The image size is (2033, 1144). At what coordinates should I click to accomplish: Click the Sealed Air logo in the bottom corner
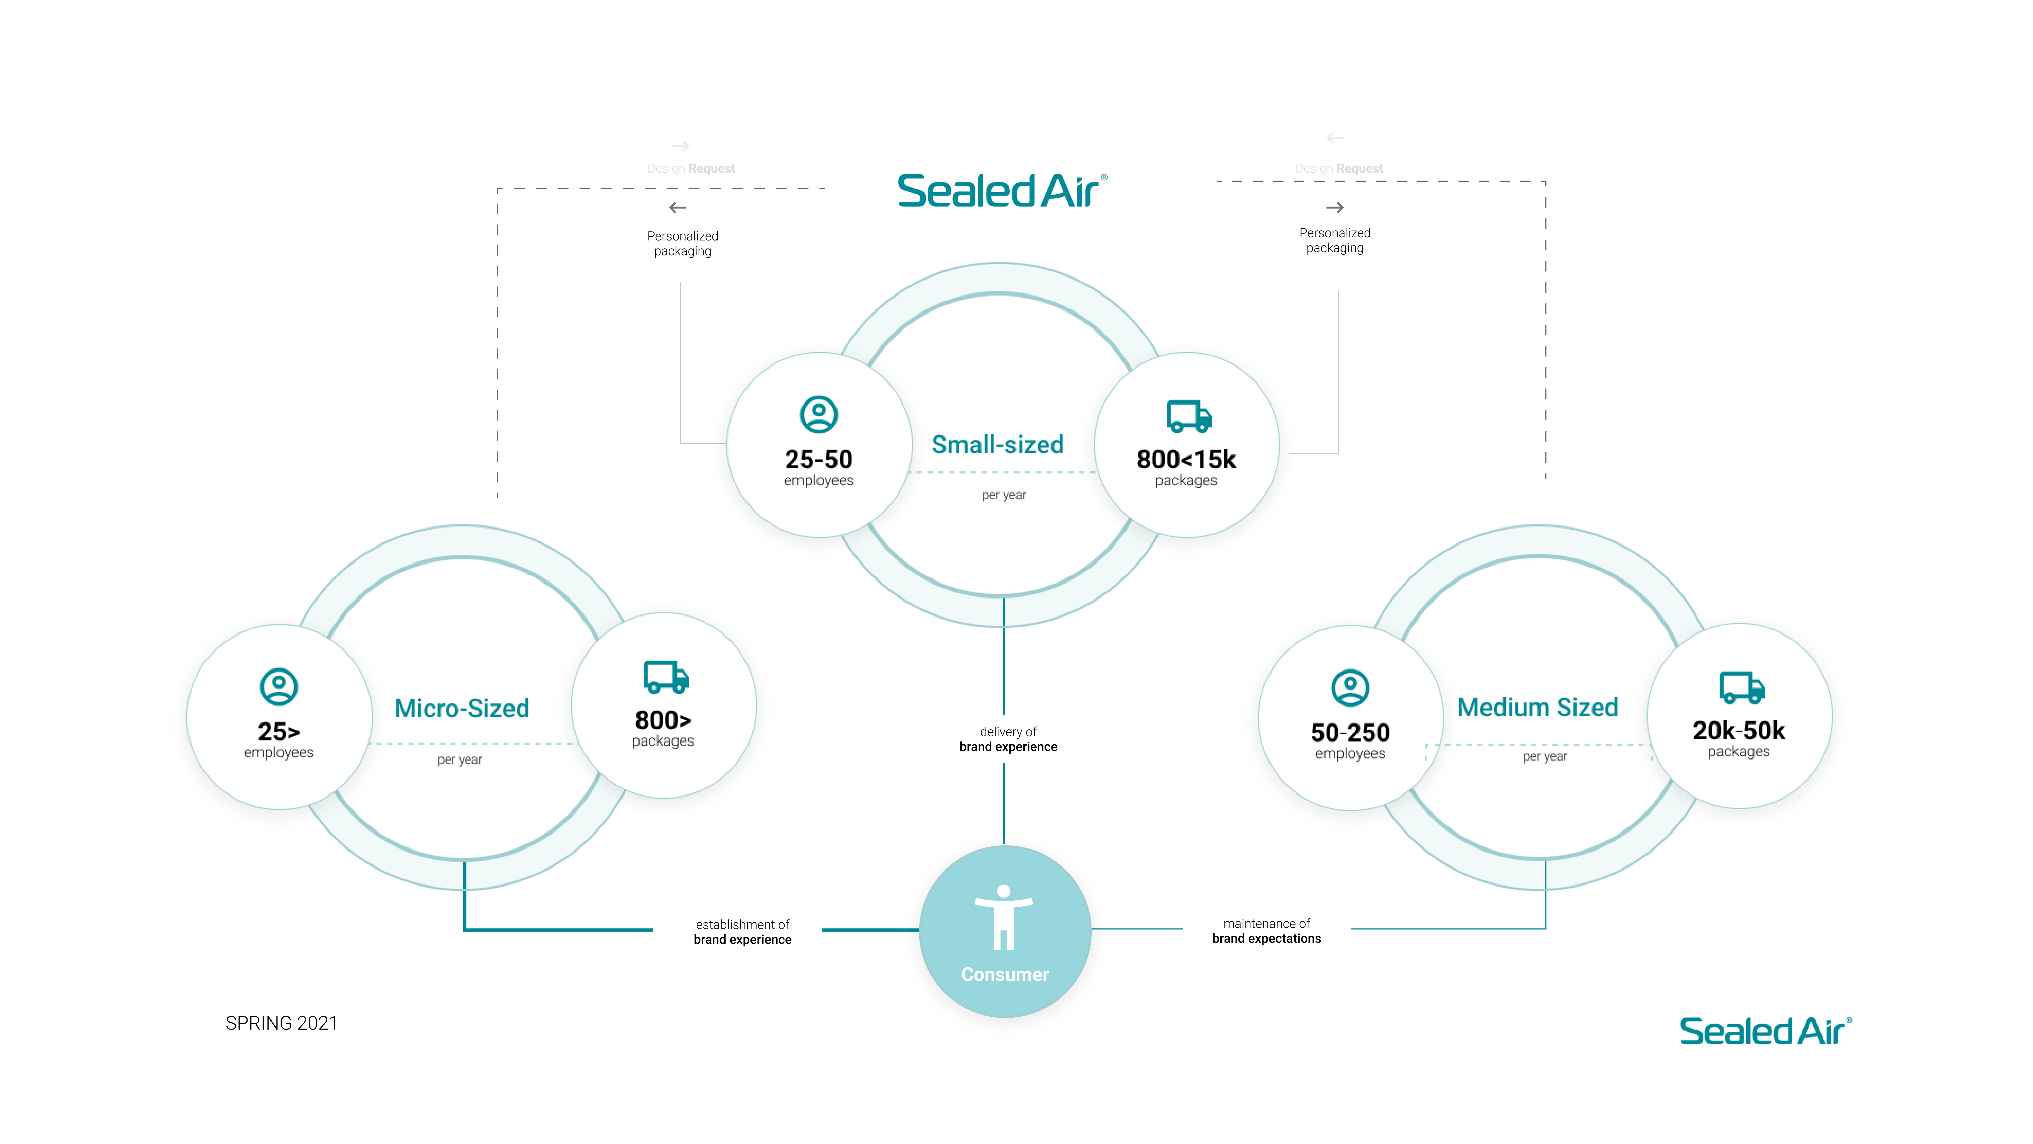(x=1765, y=1031)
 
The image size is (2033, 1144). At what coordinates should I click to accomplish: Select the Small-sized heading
(x=997, y=445)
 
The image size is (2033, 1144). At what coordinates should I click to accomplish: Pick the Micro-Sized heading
(x=462, y=708)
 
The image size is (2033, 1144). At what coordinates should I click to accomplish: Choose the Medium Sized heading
(x=1537, y=707)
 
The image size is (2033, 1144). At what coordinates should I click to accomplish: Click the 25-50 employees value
(x=818, y=459)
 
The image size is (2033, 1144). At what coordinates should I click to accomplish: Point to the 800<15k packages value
(x=1186, y=459)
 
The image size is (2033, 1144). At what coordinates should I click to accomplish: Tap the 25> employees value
(x=278, y=732)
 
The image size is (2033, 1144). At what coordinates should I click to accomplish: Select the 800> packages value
(x=663, y=720)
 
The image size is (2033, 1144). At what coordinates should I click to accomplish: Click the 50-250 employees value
(x=1350, y=733)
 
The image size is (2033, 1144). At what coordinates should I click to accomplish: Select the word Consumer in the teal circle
(x=1005, y=974)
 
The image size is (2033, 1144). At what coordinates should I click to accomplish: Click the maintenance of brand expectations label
(x=1266, y=931)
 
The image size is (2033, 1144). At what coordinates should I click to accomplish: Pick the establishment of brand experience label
(x=742, y=932)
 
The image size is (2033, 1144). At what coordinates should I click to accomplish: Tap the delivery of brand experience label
(x=1008, y=739)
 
